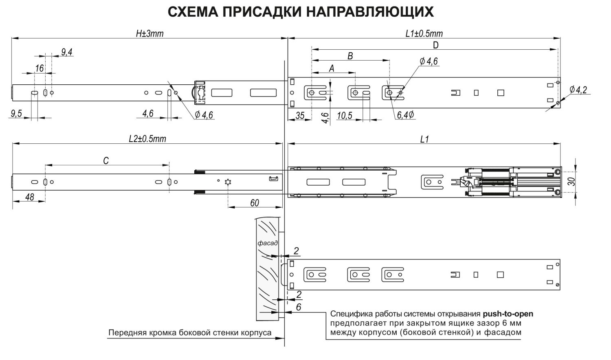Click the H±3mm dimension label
click(149, 34)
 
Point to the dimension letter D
click(435, 45)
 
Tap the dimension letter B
click(350, 56)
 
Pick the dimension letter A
click(332, 68)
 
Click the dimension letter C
click(106, 161)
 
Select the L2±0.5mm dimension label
click(147, 139)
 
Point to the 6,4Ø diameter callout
click(406, 115)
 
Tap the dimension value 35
click(300, 116)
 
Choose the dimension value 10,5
click(345, 116)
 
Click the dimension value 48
click(29, 198)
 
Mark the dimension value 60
click(255, 203)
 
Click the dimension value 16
click(39, 68)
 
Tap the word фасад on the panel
click(268, 243)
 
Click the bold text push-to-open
click(508, 314)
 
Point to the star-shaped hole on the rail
click(228, 182)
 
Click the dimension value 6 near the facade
click(299, 307)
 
